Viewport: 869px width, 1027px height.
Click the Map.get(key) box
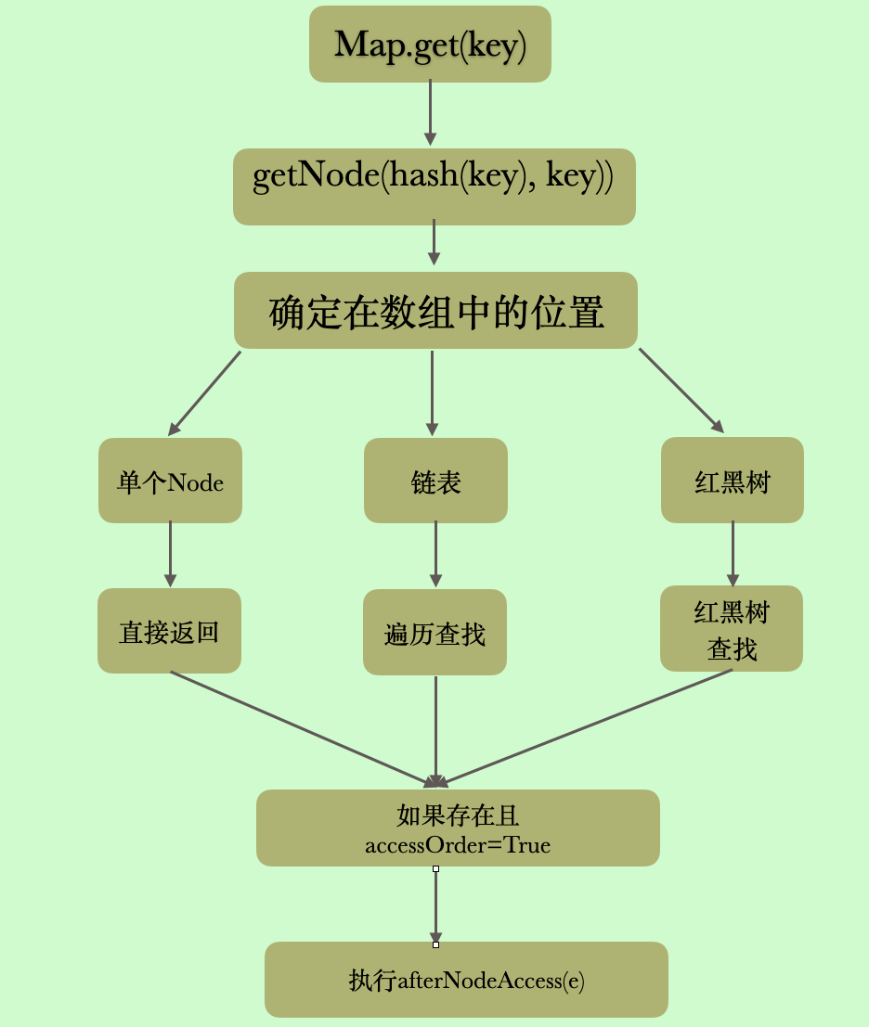(430, 45)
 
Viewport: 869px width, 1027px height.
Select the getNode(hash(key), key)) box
(434, 186)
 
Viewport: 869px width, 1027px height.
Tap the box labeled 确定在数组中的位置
(435, 311)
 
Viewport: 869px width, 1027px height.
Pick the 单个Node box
(170, 481)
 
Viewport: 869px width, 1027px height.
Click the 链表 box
(435, 481)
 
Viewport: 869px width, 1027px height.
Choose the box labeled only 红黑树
(732, 480)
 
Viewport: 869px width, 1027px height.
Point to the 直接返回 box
(169, 631)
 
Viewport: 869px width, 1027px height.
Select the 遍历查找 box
(434, 633)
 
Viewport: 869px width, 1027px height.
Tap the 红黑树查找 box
(732, 629)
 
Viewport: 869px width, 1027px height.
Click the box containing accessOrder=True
(458, 828)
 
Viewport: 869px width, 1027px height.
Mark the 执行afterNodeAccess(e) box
(466, 980)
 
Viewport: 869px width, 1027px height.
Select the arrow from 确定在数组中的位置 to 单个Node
(204, 392)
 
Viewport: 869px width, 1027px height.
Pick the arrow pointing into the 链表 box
(432, 392)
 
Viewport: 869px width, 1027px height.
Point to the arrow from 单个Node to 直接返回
(170, 554)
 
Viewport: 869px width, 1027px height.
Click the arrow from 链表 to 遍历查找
(435, 554)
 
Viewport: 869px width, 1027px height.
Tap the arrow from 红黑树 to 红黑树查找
(733, 553)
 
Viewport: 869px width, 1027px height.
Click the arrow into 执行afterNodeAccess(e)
(435, 905)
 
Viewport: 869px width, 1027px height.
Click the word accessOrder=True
(458, 845)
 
